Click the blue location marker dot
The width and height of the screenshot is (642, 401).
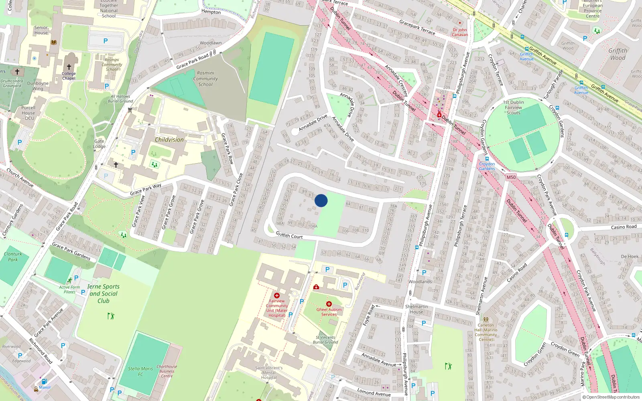(321, 200)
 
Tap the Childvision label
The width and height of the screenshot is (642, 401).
(169, 140)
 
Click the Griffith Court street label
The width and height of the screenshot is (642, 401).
(289, 235)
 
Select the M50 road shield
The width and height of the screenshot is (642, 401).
(511, 177)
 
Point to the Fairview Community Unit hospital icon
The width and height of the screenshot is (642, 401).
(276, 296)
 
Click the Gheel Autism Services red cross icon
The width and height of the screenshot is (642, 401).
(329, 304)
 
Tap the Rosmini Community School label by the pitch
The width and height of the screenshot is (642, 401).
(205, 79)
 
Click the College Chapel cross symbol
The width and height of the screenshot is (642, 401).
(69, 67)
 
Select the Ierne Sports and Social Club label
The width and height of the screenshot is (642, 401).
(104, 294)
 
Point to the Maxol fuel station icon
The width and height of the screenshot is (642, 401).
(44, 381)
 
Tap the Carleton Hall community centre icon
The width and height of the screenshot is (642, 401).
(486, 320)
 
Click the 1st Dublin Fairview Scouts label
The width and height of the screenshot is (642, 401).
(513, 107)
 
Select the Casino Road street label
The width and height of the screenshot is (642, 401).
(624, 227)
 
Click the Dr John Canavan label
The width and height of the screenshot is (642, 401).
(460, 32)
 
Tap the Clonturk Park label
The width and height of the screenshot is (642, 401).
(13, 257)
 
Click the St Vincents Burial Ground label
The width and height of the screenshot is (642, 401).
(325, 340)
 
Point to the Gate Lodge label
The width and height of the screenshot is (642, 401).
(99, 144)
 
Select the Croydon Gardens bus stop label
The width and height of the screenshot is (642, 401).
(487, 166)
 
